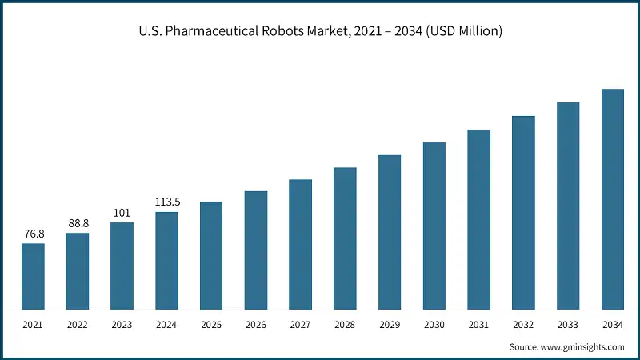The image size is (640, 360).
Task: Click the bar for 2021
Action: coord(33,276)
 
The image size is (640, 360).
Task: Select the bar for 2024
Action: coord(166,261)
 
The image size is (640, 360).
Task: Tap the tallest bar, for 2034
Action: coord(612,199)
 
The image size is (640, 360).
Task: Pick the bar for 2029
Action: coord(390,232)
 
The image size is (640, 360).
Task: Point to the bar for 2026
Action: coord(256,250)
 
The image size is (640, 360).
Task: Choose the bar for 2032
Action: coord(523,213)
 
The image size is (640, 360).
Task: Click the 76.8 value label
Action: coord(33,234)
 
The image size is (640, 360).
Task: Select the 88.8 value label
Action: coord(78,223)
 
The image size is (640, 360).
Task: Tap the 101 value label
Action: coord(122,213)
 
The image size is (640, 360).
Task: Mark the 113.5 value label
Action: coord(166,202)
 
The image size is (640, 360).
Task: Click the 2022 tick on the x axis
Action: coord(78,324)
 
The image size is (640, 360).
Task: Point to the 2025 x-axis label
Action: coord(211,324)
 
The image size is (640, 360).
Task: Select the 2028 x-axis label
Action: coord(345,324)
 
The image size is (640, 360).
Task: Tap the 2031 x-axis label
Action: coord(478,324)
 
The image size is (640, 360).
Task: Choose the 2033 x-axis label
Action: coord(568,324)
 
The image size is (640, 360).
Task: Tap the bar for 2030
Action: coord(434,226)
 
